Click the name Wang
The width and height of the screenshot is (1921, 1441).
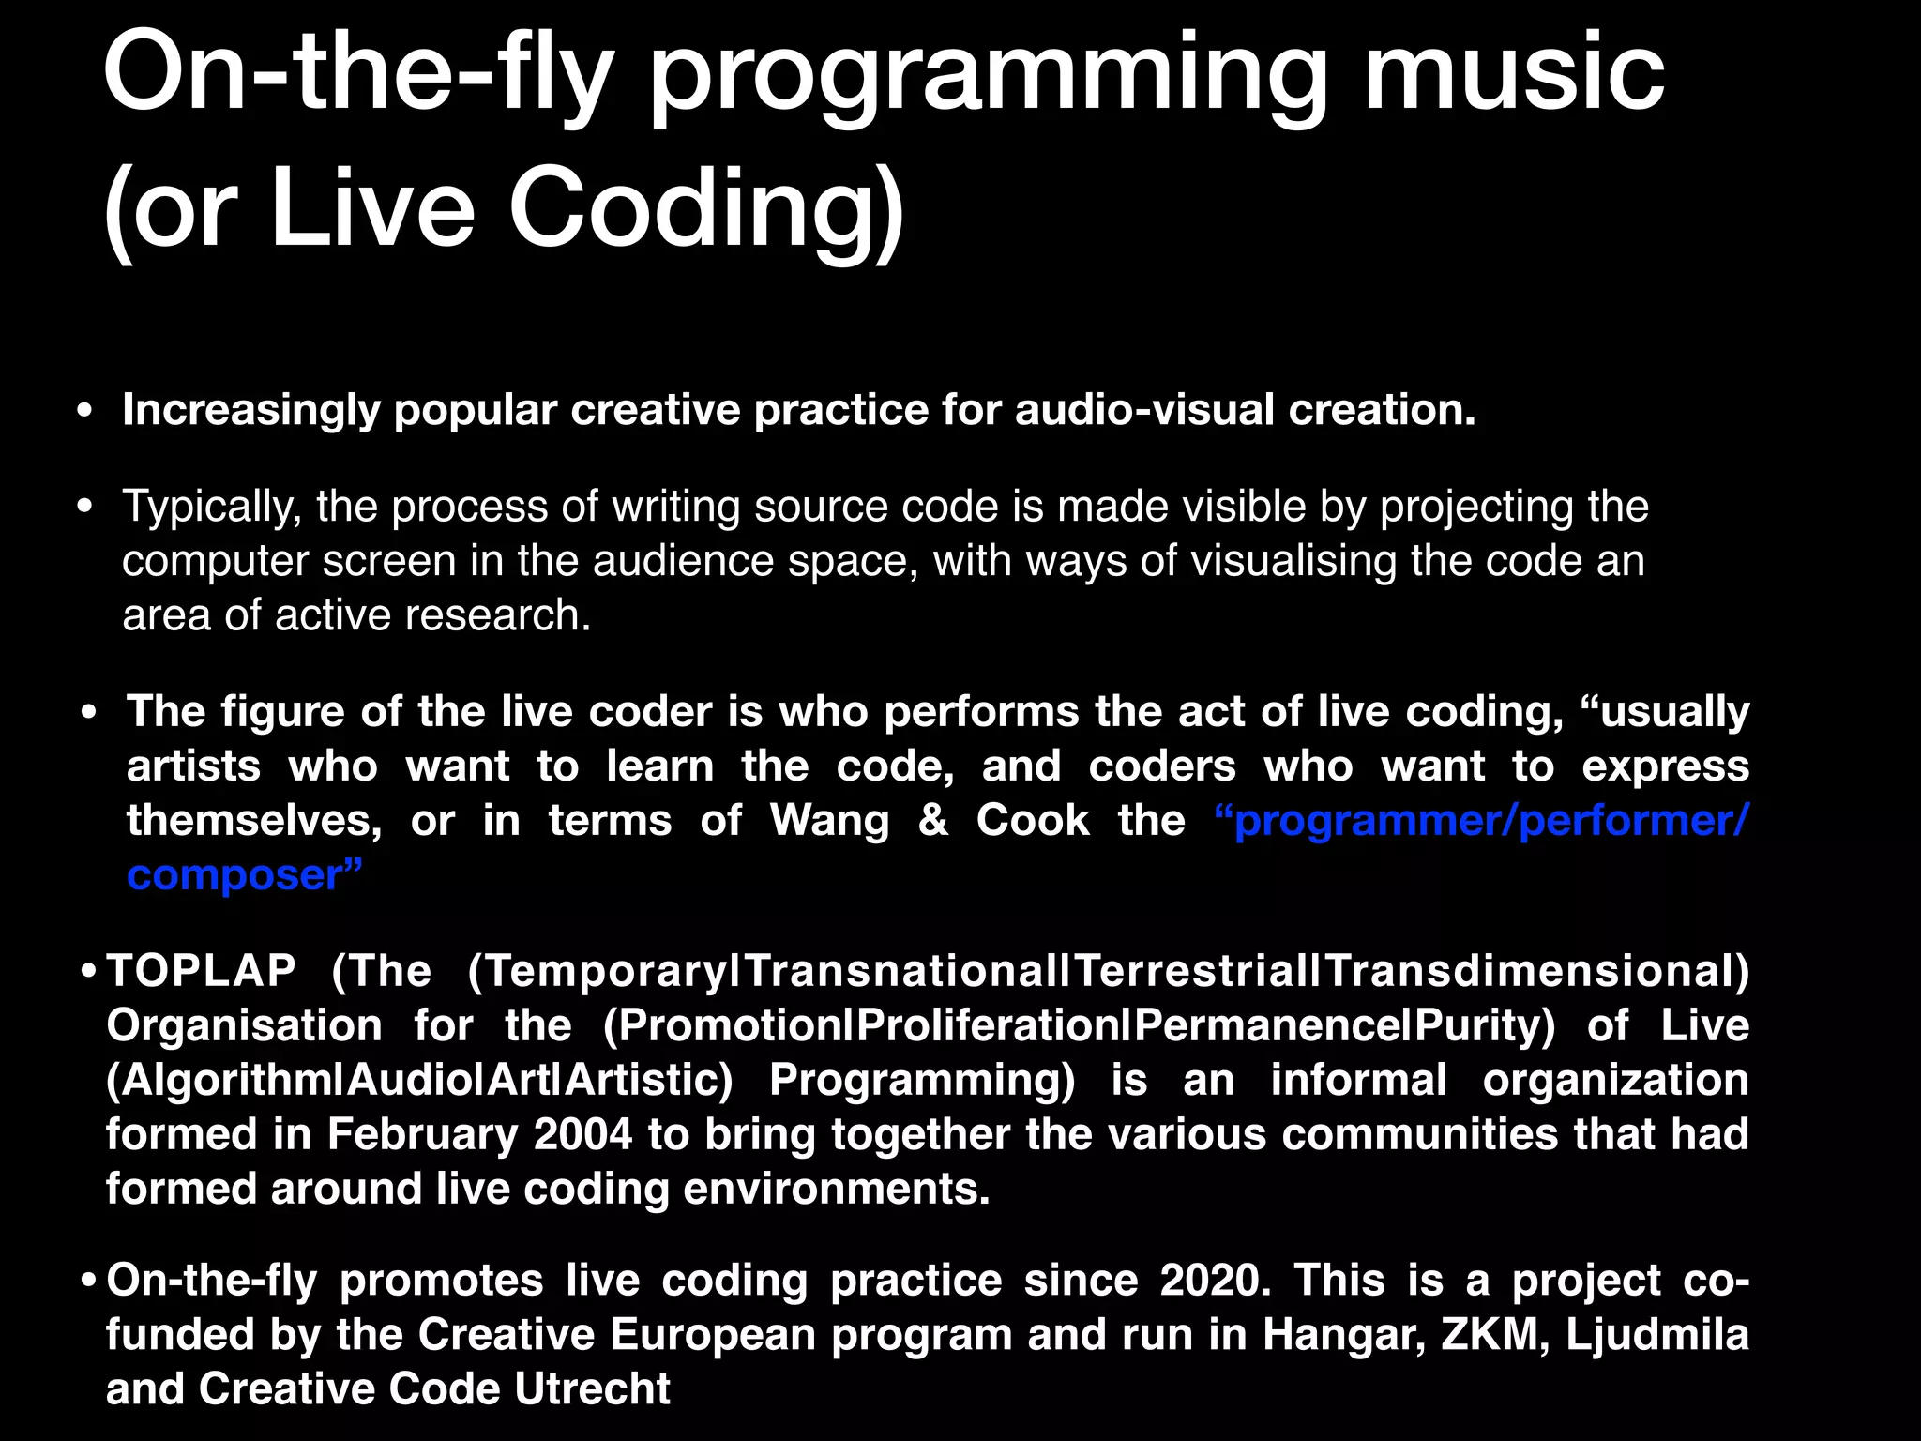coord(830,821)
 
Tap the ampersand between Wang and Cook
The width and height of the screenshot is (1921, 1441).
coord(932,821)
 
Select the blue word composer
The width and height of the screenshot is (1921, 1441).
coord(235,875)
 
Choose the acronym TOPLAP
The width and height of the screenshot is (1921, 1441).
coord(201,971)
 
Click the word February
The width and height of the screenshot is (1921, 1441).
coord(422,1134)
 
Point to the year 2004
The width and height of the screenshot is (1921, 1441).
coord(582,1134)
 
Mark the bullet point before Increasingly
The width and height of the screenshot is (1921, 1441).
coord(85,411)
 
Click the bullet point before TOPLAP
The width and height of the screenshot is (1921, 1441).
coord(88,971)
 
